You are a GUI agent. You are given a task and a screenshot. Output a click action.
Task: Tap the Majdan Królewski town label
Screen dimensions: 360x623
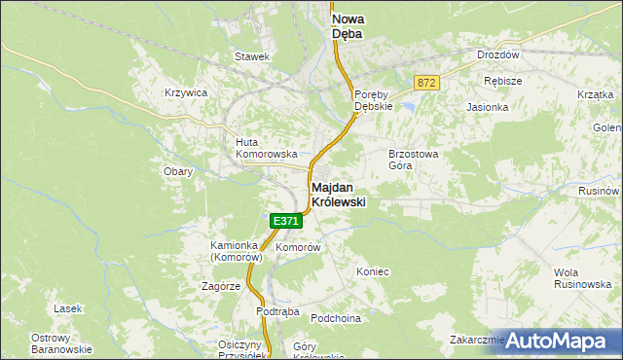pos(345,194)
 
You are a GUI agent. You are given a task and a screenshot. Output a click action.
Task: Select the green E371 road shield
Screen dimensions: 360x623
pos(285,221)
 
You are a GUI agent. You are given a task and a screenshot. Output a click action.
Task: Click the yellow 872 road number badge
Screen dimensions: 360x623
pos(424,84)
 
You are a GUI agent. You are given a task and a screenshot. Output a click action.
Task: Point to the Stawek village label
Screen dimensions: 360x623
pos(251,56)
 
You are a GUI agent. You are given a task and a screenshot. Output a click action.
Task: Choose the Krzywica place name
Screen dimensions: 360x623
pos(186,92)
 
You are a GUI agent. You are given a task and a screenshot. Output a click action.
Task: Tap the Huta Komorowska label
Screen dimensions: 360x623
pos(258,148)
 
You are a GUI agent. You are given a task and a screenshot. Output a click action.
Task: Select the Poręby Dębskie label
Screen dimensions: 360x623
pos(372,100)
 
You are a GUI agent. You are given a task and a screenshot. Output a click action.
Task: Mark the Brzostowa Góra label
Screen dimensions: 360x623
pos(415,160)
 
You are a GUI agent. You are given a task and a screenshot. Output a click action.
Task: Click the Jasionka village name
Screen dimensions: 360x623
pos(488,107)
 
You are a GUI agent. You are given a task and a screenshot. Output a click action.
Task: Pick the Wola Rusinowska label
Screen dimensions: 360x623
pos(580,277)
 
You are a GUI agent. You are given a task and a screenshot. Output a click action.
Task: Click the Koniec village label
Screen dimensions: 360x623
pos(373,271)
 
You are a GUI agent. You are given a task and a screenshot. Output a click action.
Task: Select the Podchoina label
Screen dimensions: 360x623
pos(336,318)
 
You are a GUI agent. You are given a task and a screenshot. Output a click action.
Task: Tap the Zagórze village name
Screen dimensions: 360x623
pos(221,287)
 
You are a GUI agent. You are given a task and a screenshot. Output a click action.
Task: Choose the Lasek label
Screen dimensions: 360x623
pos(68,307)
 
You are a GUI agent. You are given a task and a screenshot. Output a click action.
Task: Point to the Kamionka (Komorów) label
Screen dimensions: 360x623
pos(238,253)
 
